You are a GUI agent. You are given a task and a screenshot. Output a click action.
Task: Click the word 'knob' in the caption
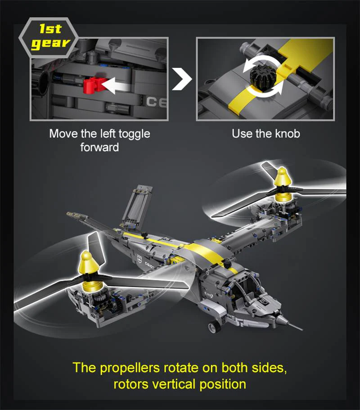coord(287,134)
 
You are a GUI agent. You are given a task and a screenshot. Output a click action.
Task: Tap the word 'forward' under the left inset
coord(99,147)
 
